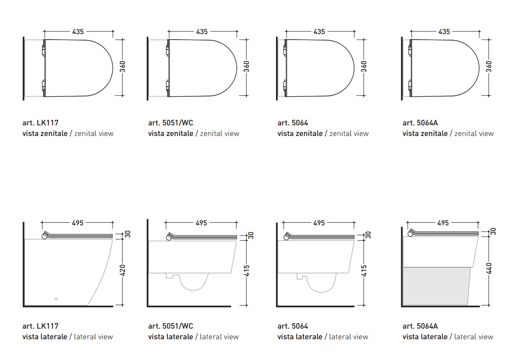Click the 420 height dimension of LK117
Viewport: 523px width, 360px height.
point(123,270)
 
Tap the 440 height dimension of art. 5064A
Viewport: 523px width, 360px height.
point(489,269)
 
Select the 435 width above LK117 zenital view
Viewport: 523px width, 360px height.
point(78,32)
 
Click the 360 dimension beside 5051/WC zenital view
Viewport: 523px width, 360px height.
point(247,66)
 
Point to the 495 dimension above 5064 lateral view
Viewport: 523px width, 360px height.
point(319,223)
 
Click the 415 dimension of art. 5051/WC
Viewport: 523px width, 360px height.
point(247,271)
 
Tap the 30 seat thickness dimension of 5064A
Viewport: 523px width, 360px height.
point(493,231)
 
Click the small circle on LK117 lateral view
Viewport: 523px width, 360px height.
point(56,299)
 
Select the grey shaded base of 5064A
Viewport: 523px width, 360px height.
point(437,286)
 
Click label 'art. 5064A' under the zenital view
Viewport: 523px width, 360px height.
point(420,123)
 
